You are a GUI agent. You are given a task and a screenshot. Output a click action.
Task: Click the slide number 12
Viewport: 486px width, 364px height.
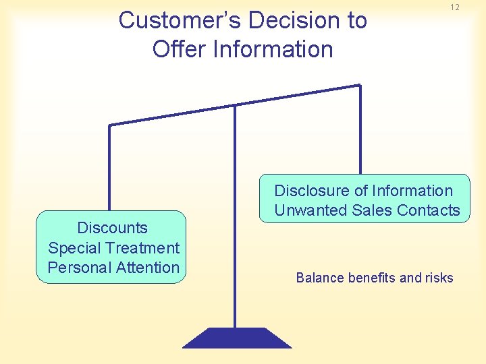tap(454, 7)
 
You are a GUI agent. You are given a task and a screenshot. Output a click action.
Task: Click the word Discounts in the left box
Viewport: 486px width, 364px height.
tap(112, 228)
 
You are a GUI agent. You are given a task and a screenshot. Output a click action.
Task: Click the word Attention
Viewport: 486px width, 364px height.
tap(148, 268)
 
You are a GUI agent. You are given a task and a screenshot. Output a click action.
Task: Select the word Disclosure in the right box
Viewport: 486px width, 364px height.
tap(311, 191)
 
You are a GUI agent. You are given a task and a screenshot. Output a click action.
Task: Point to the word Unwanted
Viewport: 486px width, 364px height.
tap(310, 210)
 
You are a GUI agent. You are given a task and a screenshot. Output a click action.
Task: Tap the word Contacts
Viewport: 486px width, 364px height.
tap(429, 210)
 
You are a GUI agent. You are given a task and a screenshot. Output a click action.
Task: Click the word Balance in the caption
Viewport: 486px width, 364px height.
tap(320, 278)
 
